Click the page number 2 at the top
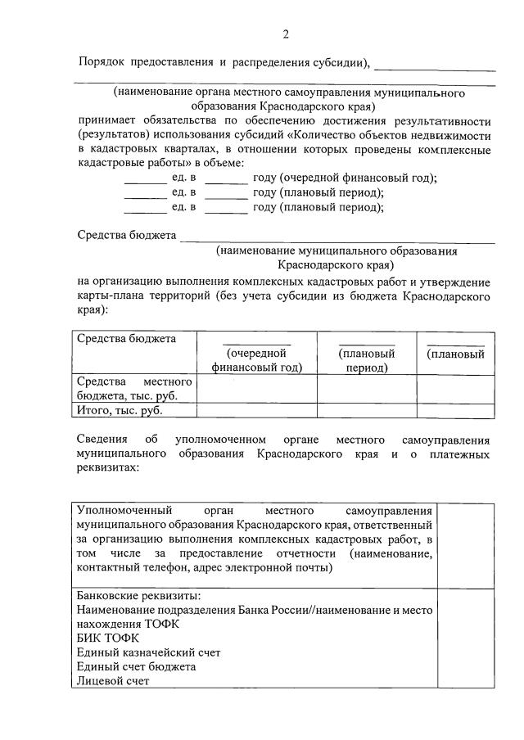click(x=286, y=34)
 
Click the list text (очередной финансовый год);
click(x=357, y=178)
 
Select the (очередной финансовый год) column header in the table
click(x=257, y=360)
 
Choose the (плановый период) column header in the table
click(x=367, y=360)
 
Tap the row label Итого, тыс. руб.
click(x=120, y=411)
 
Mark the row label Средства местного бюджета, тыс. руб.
click(x=134, y=389)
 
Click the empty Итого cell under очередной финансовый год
click(x=257, y=411)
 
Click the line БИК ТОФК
click(x=108, y=638)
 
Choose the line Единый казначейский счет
click(x=148, y=652)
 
